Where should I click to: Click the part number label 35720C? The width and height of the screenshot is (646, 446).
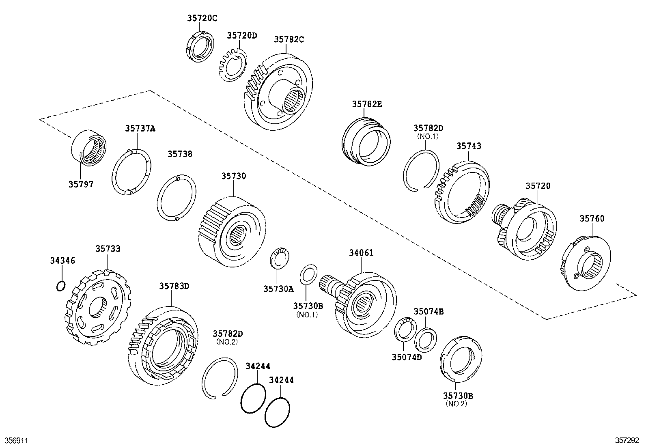(202, 18)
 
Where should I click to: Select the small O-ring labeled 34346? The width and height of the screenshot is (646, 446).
(60, 287)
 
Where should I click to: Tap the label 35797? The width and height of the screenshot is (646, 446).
(81, 184)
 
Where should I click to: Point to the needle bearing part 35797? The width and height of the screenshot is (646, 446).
(88, 147)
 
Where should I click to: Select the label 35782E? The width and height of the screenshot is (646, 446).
(367, 104)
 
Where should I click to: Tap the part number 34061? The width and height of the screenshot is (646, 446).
(361, 253)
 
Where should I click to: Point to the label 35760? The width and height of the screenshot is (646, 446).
(592, 219)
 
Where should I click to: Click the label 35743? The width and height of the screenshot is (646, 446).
(469, 146)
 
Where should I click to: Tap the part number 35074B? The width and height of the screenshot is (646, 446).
(429, 312)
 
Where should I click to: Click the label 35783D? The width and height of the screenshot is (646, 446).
(174, 286)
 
